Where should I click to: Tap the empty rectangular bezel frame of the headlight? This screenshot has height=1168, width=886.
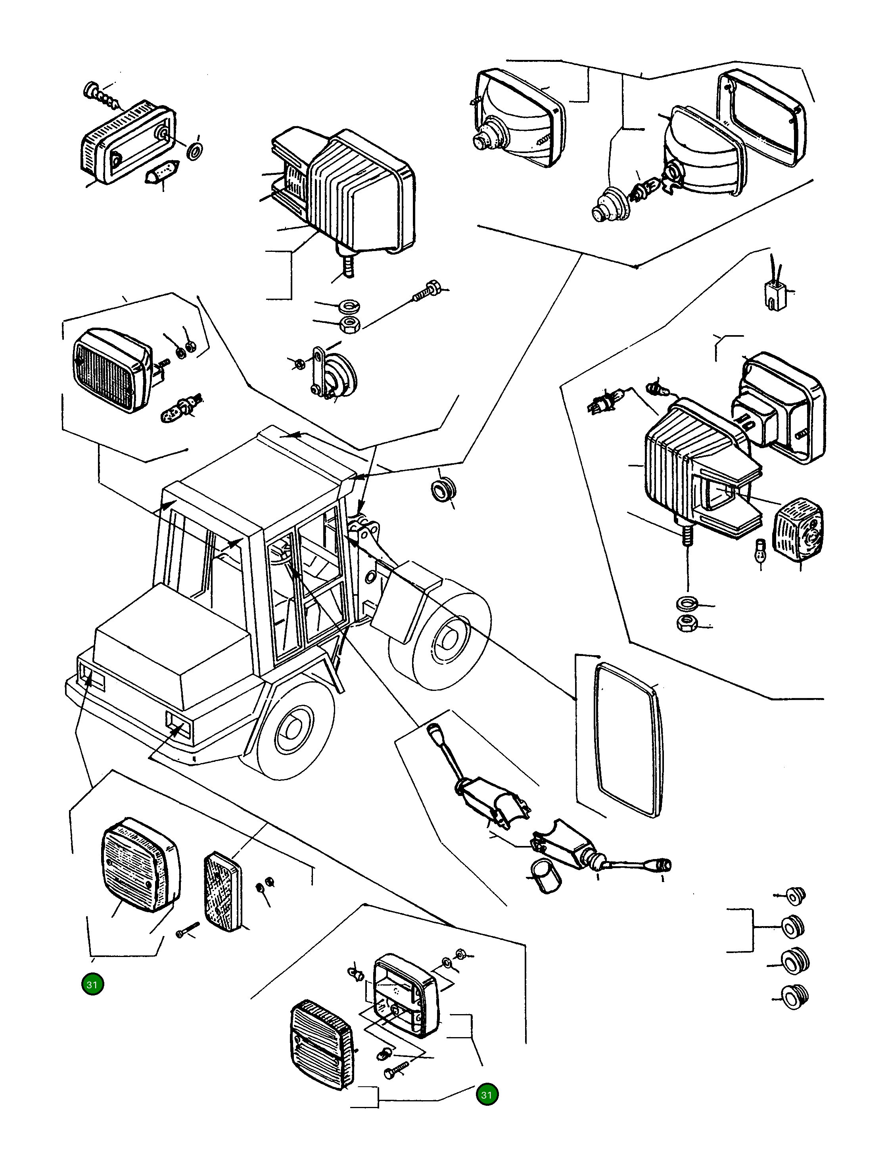(x=760, y=117)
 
